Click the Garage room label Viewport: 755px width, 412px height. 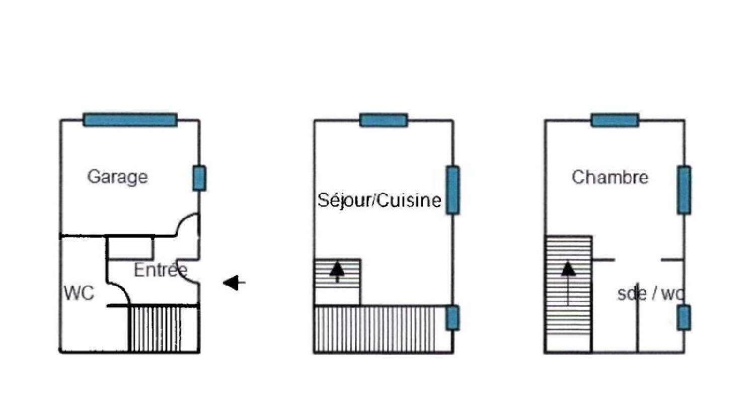pyautogui.click(x=117, y=177)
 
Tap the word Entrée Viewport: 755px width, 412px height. pyautogui.click(x=161, y=270)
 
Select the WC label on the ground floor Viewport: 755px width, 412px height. pyautogui.click(x=79, y=293)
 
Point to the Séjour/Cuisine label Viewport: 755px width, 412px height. pyautogui.click(x=380, y=200)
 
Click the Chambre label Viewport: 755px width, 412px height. pyautogui.click(x=610, y=177)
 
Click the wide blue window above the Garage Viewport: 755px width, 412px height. pyautogui.click(x=130, y=120)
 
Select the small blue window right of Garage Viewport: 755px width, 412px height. pyautogui.click(x=199, y=178)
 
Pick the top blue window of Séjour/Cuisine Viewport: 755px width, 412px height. pyautogui.click(x=384, y=120)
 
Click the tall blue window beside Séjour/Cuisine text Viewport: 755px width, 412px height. pyautogui.click(x=452, y=190)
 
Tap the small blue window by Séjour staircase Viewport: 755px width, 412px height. pyautogui.click(x=452, y=318)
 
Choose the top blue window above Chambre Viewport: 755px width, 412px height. pyautogui.click(x=615, y=120)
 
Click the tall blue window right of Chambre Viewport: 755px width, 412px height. pyautogui.click(x=684, y=190)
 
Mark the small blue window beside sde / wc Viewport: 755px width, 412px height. pyautogui.click(x=684, y=318)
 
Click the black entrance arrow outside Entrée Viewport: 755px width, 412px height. pyautogui.click(x=234, y=283)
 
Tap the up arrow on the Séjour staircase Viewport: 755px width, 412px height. pyautogui.click(x=337, y=272)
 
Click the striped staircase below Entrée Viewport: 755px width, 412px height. pyautogui.click(x=164, y=329)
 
